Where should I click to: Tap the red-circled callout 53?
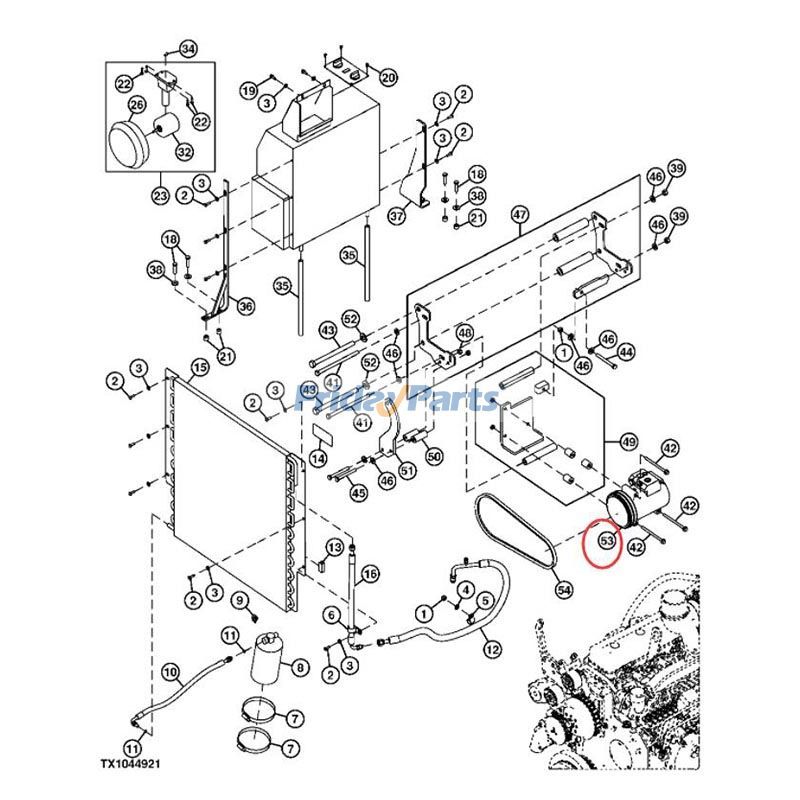pyautogui.click(x=606, y=541)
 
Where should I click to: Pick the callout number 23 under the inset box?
pyautogui.click(x=160, y=196)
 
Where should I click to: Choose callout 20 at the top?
pyautogui.click(x=388, y=78)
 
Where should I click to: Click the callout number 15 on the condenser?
pyautogui.click(x=199, y=368)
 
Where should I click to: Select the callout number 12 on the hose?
pyautogui.click(x=491, y=650)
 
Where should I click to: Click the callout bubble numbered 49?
pyautogui.click(x=629, y=441)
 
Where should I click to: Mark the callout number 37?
pyautogui.click(x=397, y=215)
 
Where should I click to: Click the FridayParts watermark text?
pyautogui.click(x=400, y=400)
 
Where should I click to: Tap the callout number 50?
pyautogui.click(x=434, y=456)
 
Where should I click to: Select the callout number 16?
pyautogui.click(x=370, y=574)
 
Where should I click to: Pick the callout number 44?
pyautogui.click(x=626, y=352)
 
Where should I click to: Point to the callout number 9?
pyautogui.click(x=239, y=600)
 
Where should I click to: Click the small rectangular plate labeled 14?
pyautogui.click(x=319, y=436)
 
